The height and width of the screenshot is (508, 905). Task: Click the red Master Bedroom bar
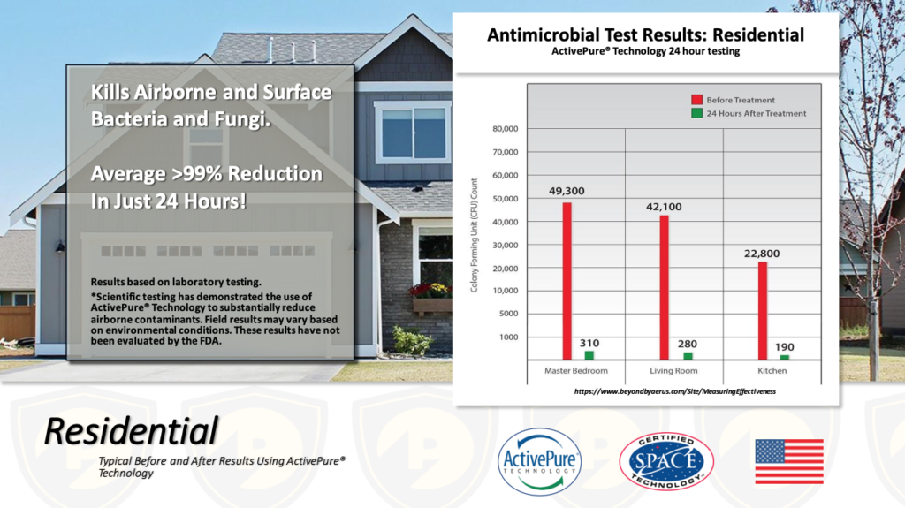point(567,281)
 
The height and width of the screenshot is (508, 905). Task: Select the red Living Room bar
point(665,287)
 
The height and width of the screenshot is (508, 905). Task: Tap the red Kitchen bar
point(763,311)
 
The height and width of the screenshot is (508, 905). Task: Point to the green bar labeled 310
point(589,355)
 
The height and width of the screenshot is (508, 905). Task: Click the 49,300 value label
point(567,191)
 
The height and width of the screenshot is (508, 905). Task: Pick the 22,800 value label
point(762,254)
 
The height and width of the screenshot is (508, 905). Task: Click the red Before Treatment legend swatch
point(696,99)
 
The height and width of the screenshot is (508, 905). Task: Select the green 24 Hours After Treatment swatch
point(696,113)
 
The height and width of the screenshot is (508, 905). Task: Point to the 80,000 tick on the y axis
point(505,129)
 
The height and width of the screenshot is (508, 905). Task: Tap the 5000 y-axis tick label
point(508,314)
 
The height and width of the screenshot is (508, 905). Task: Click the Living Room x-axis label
point(673,370)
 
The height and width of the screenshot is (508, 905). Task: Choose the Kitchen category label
point(772,370)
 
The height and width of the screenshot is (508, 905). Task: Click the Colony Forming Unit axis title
point(474,235)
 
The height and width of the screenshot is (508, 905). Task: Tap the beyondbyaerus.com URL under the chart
point(674,391)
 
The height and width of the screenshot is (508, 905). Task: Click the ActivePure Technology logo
point(540,462)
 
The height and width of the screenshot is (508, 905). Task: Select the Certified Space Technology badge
point(666,462)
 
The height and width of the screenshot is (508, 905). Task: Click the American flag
point(789,461)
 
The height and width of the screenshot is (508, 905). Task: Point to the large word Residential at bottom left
point(131,430)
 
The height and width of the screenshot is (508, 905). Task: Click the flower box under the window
point(431,306)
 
